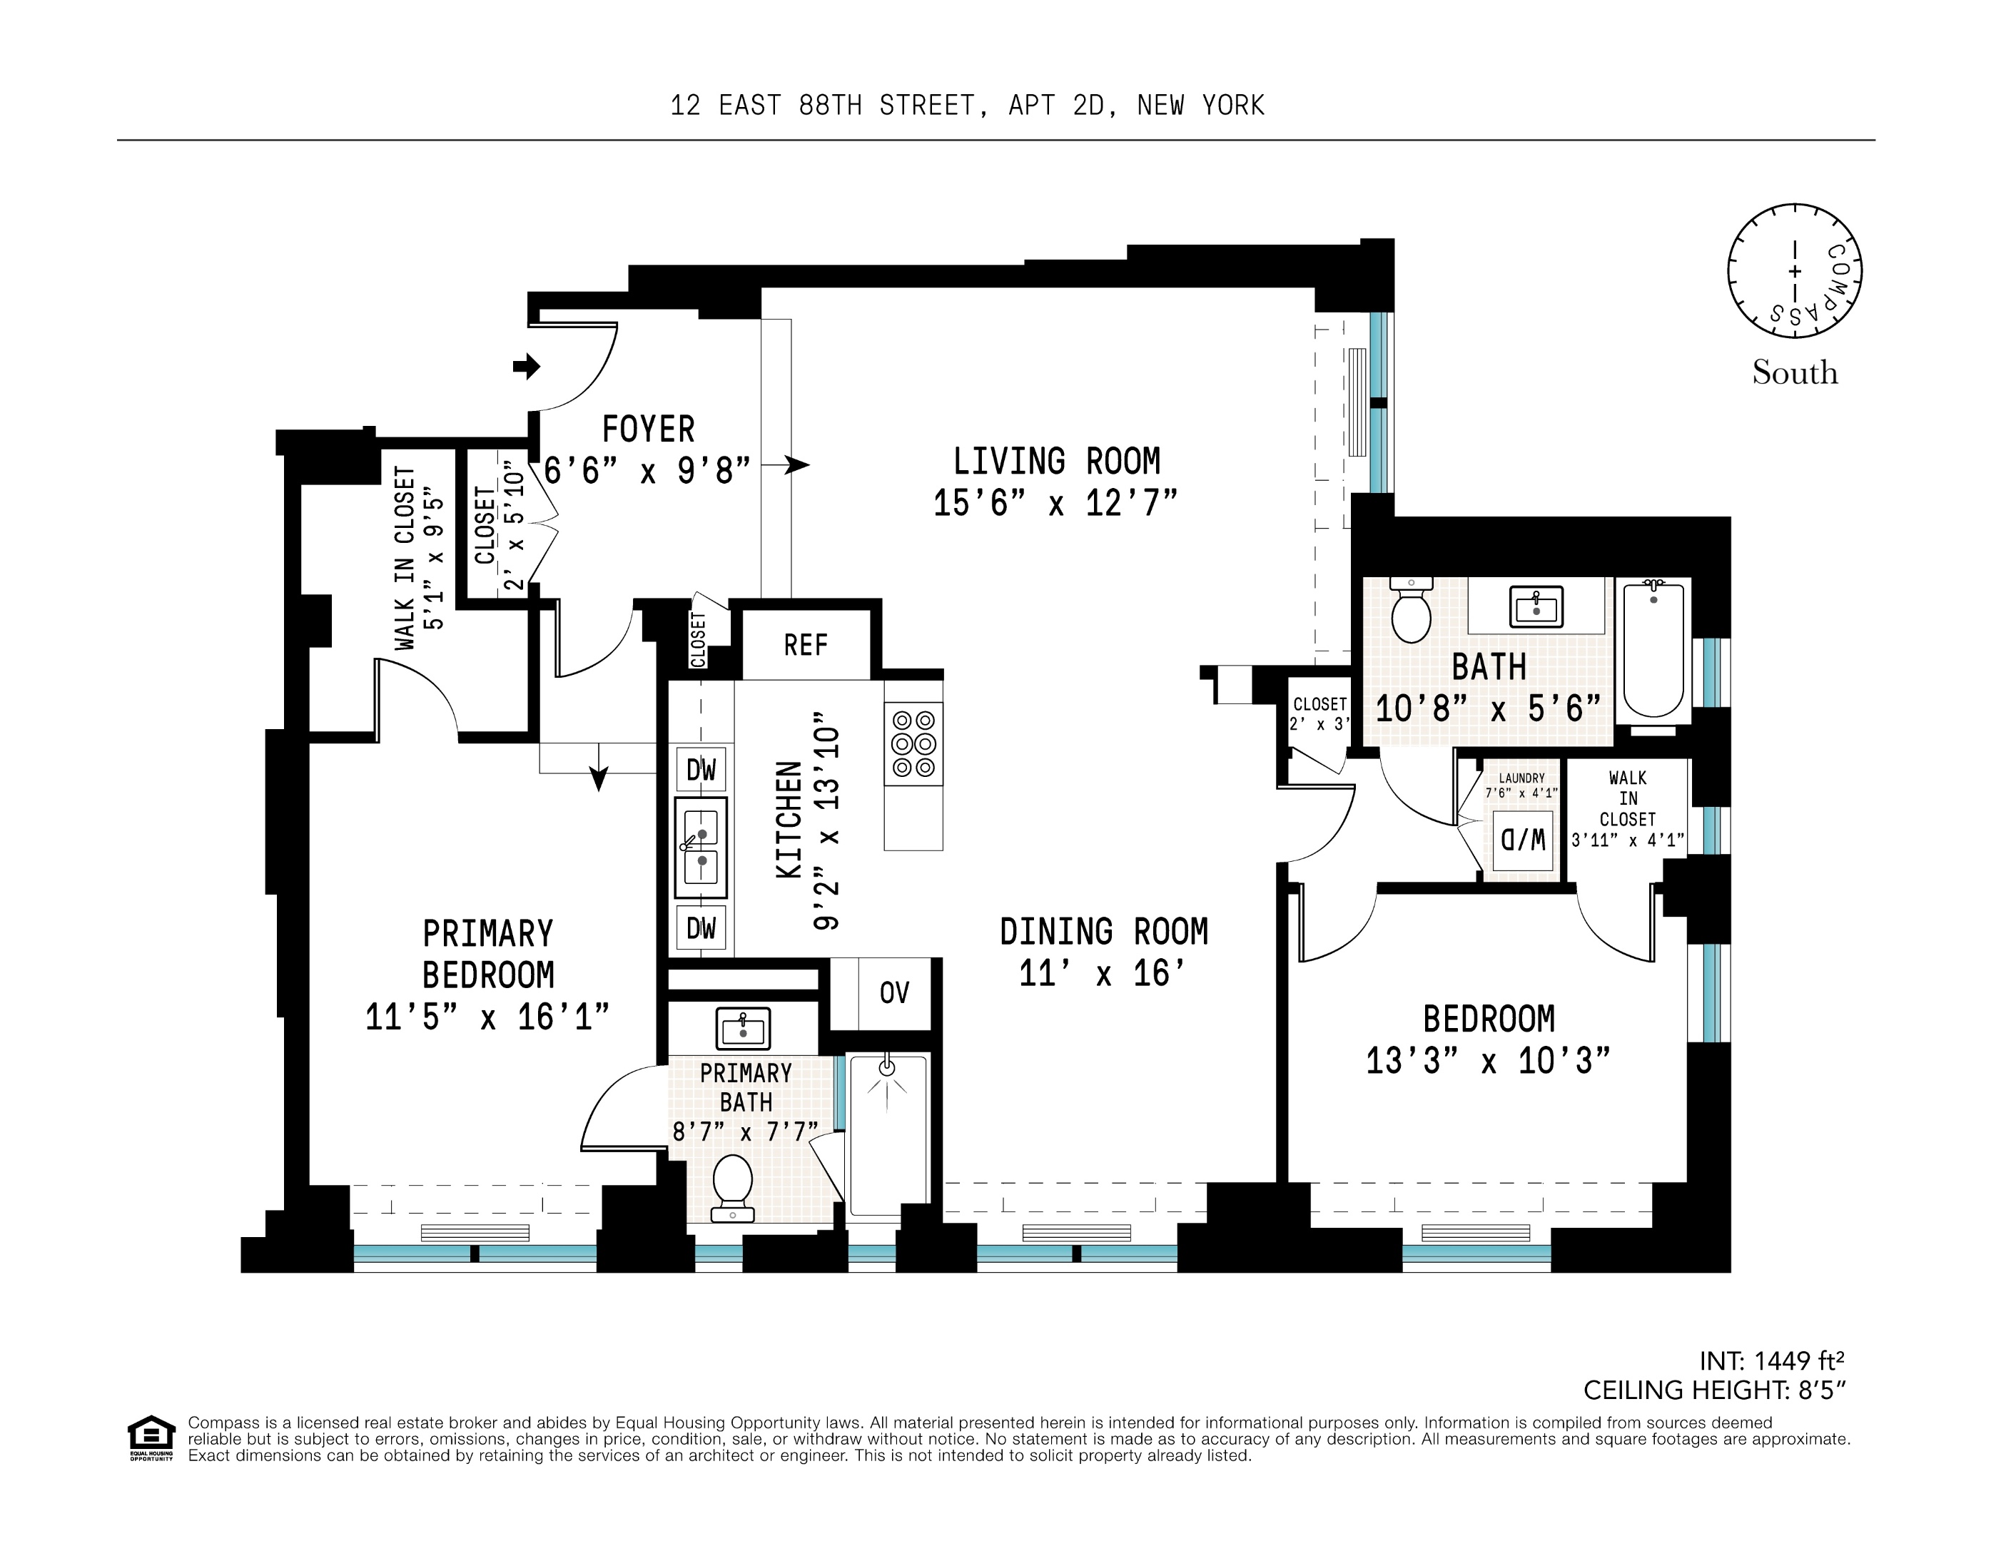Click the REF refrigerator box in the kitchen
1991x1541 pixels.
[805, 645]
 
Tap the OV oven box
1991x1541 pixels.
[894, 992]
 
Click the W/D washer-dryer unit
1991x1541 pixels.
[1522, 839]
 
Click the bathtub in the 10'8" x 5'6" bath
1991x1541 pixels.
[1653, 649]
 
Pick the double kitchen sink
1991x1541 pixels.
[701, 848]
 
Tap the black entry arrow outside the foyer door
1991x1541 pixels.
[526, 367]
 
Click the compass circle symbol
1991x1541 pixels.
[1794, 272]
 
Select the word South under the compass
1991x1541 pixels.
[1794, 372]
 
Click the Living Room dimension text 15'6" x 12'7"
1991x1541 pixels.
[1055, 503]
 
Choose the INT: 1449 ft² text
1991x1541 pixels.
[1771, 1361]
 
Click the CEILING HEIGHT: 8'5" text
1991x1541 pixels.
[1714, 1390]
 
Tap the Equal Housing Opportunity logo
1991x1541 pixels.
[151, 1439]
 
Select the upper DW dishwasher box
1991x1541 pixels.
[701, 770]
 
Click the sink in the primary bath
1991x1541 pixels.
[743, 1028]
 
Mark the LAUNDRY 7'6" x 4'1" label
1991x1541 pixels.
[1521, 785]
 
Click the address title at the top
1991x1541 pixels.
[967, 106]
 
